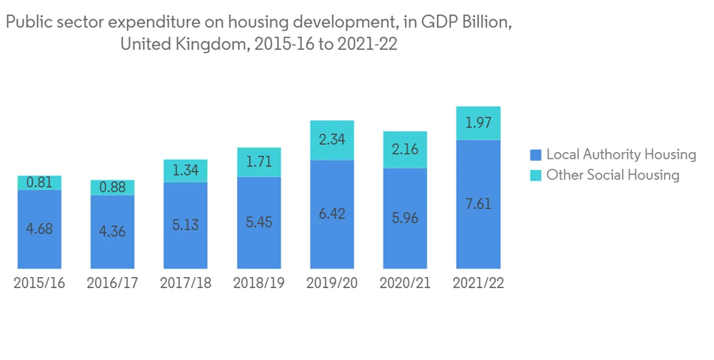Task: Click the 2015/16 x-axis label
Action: tap(39, 283)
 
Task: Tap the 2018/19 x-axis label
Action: tap(258, 283)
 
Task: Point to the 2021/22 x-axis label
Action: tap(478, 283)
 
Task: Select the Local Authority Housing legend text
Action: tap(621, 154)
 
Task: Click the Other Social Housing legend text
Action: tap(613, 175)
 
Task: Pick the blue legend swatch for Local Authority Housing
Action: tap(535, 154)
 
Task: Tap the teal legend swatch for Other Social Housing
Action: tap(535, 175)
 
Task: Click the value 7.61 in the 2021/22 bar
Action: tap(478, 204)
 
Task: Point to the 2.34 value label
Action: tap(332, 140)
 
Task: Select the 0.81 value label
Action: tap(39, 183)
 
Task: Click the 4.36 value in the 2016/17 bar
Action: tap(112, 232)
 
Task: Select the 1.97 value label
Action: tap(478, 124)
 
